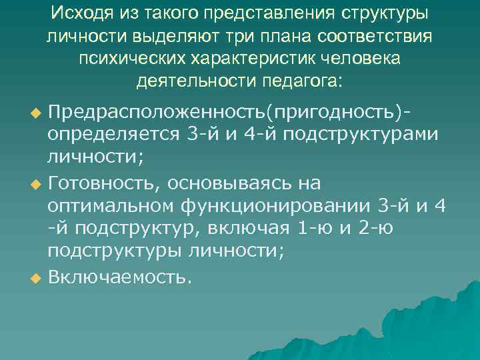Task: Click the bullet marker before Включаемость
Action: (37, 277)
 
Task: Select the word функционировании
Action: (276, 206)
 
